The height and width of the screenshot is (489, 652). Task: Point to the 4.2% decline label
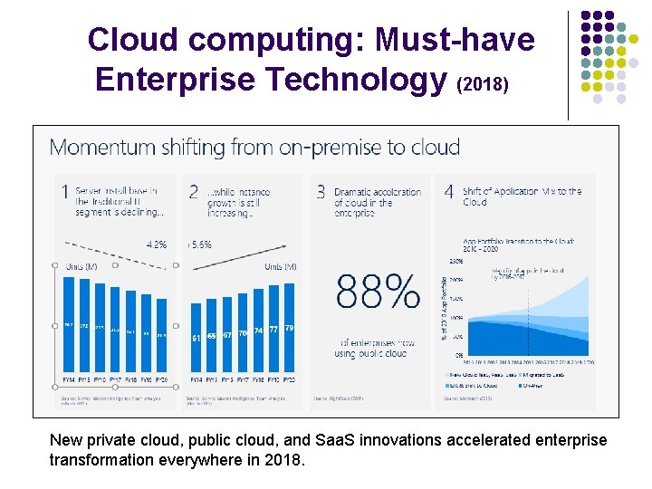coord(156,244)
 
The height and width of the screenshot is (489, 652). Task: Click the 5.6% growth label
coord(200,244)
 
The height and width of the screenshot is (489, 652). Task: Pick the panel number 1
coord(64,192)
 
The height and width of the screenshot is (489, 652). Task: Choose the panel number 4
coord(449,192)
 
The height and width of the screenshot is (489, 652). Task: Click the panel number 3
coord(321,192)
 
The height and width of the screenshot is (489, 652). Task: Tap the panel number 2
coord(193,192)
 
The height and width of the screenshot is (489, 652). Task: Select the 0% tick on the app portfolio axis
coord(459,355)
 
